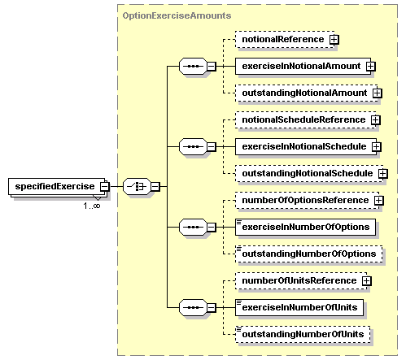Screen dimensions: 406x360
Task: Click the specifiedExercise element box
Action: tap(56, 186)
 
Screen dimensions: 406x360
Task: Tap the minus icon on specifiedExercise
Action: tap(104, 186)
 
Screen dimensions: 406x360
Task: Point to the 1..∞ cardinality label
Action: tap(92, 206)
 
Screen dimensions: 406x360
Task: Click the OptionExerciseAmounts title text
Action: tap(177, 15)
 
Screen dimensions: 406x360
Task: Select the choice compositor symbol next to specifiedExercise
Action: tap(137, 186)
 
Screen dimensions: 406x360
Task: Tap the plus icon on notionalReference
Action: tap(334, 40)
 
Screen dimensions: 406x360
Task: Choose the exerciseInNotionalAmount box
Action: tap(303, 66)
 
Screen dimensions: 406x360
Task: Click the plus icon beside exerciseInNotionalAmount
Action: tap(371, 66)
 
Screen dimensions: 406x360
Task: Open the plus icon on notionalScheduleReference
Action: tap(376, 119)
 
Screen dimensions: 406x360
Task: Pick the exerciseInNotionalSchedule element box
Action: tap(306, 146)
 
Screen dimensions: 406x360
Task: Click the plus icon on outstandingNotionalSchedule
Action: tap(383, 173)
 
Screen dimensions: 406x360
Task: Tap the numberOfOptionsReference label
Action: tap(305, 200)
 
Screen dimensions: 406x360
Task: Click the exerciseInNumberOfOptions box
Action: tap(305, 227)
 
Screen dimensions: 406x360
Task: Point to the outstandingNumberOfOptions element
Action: tap(309, 254)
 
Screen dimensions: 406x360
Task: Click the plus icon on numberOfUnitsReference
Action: tap(366, 280)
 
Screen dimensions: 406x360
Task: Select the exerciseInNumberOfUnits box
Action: tap(299, 307)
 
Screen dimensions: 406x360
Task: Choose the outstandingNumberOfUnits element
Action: tap(303, 334)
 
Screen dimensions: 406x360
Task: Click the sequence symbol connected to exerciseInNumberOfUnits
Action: tap(193, 307)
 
